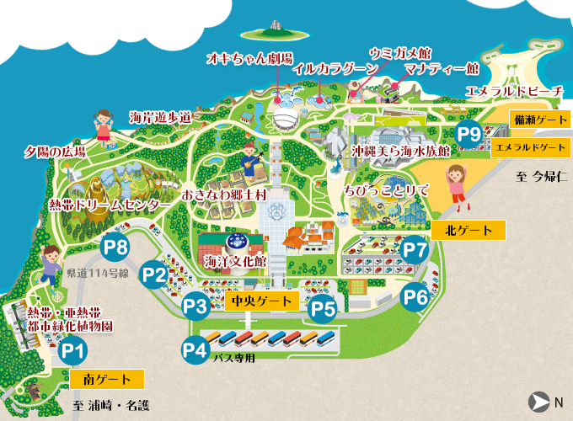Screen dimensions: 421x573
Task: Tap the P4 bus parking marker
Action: pos(195,348)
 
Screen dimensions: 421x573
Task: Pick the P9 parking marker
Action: pos(469,133)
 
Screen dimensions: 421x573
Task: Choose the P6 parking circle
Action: pos(415,297)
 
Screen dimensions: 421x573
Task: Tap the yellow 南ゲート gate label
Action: pos(108,379)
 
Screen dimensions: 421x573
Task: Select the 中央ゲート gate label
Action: pos(262,301)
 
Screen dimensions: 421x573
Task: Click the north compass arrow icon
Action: pos(537,402)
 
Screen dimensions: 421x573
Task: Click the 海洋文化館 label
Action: pos(235,262)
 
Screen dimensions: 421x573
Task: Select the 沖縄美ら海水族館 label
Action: pos(399,150)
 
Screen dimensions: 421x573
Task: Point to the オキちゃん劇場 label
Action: pos(250,58)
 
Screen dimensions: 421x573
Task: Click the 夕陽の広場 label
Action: pos(55,152)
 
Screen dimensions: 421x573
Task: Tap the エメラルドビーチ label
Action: pos(513,90)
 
